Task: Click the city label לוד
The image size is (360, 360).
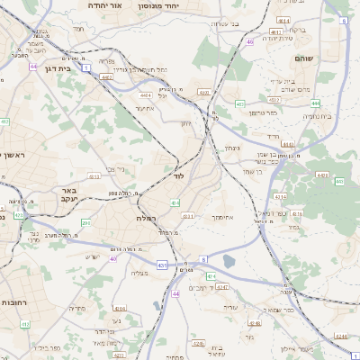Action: pyautogui.click(x=178, y=177)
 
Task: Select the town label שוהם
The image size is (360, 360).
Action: pyautogui.click(x=303, y=58)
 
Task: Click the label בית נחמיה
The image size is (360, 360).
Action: pyautogui.click(x=318, y=116)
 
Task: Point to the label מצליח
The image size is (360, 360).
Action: pyautogui.click(x=139, y=273)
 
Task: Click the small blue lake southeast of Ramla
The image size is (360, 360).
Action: pyautogui.click(x=228, y=262)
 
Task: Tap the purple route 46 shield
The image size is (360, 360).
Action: pyautogui.click(x=249, y=41)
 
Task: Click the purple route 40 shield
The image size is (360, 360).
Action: pyautogui.click(x=113, y=258)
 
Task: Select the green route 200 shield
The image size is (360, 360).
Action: pyautogui.click(x=86, y=222)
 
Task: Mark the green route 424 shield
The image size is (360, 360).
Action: pyautogui.click(x=210, y=276)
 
